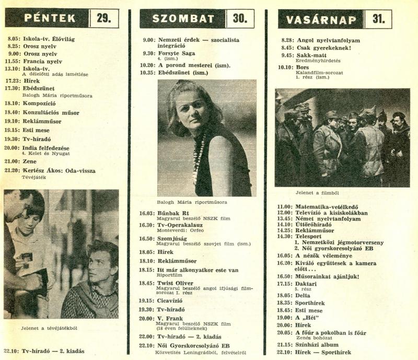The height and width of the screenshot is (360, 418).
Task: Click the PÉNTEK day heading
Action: (50, 18)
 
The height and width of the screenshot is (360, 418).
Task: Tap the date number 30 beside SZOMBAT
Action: (239, 19)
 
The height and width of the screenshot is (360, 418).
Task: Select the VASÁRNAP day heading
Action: (321, 20)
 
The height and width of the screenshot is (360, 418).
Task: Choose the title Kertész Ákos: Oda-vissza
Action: (59, 170)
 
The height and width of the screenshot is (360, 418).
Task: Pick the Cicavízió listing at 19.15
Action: (172, 300)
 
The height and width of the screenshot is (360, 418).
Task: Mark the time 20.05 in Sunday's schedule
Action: (284, 332)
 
